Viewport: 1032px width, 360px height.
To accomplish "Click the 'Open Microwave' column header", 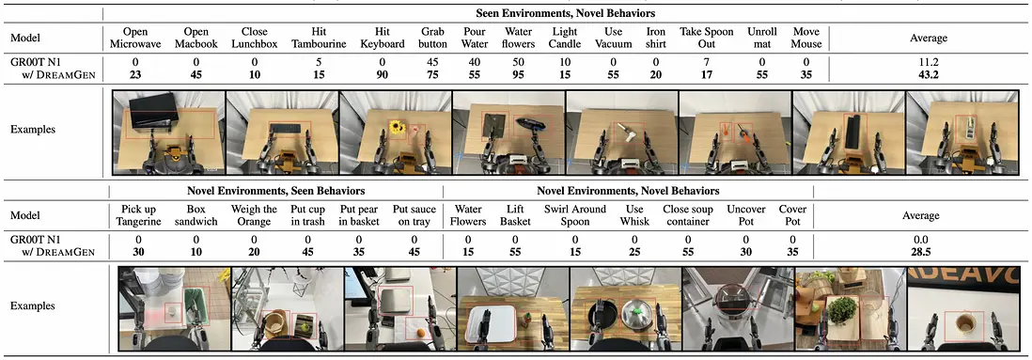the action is [x=135, y=39].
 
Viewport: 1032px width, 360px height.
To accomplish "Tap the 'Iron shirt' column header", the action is [x=656, y=39].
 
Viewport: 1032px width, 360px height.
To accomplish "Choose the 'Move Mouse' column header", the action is [x=807, y=39].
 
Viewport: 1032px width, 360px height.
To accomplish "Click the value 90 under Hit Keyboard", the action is [x=380, y=74].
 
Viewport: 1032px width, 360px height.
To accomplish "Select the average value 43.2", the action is [x=928, y=74].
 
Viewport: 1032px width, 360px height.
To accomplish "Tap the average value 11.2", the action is [x=928, y=63].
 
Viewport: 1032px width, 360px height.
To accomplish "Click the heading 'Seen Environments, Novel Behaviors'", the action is [x=566, y=12].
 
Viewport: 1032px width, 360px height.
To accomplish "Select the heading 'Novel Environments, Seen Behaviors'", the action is [x=275, y=191].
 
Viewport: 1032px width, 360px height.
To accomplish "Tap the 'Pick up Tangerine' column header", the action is [x=139, y=215].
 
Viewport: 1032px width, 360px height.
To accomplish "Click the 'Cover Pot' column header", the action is [x=792, y=215].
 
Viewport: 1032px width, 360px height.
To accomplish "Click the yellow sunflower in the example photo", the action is [x=397, y=128].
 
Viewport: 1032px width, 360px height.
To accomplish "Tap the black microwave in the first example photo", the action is [x=152, y=110].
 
